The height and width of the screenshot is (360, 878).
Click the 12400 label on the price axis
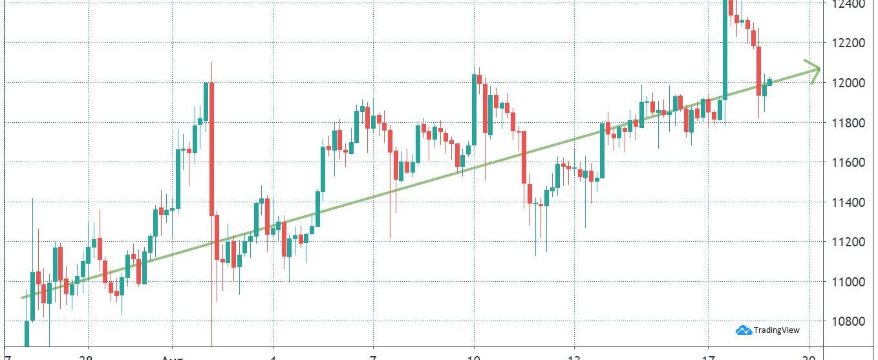tap(848, 4)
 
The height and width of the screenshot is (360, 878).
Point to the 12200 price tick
tap(848, 43)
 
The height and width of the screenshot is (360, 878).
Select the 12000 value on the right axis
tap(848, 83)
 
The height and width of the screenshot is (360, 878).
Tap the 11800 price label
tap(848, 123)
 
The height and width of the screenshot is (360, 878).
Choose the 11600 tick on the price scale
tap(848, 162)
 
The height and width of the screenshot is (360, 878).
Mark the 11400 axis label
tap(848, 202)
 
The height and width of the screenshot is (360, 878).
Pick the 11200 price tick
tap(848, 242)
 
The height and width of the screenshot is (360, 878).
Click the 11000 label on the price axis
tap(848, 282)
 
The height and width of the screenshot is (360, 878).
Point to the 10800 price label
tap(848, 321)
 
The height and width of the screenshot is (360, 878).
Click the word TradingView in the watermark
tap(776, 330)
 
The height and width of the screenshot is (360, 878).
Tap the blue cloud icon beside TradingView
tap(744, 330)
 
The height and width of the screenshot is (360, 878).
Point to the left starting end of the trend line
tap(23, 297)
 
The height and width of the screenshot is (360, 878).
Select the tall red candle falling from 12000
tap(211, 149)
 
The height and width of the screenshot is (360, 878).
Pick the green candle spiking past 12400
tap(725, 48)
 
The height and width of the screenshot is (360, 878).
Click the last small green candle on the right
tap(769, 82)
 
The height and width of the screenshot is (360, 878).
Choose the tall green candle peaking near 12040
tap(475, 110)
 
